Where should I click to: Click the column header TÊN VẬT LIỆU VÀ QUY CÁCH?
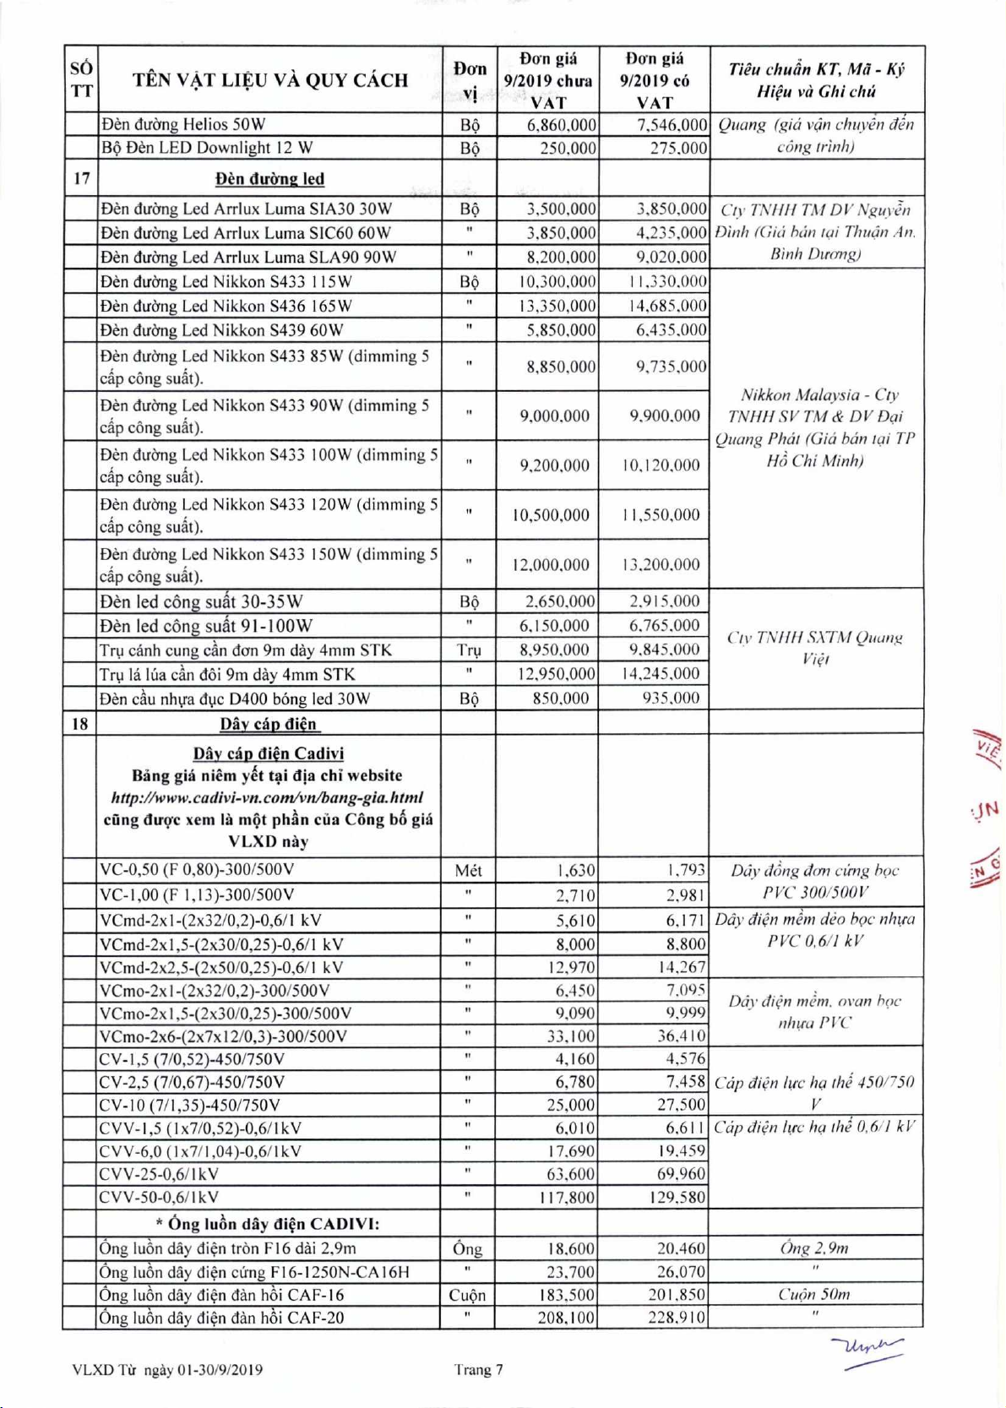coord(269,80)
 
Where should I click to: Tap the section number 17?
coord(81,178)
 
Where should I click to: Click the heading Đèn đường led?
coord(269,179)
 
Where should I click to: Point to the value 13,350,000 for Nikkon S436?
coord(557,306)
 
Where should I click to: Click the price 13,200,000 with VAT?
coord(661,564)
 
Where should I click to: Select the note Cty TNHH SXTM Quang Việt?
coord(815,648)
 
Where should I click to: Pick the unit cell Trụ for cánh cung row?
coord(469,650)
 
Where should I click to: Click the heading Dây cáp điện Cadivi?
coord(269,753)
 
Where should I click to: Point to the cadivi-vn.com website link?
coord(267,797)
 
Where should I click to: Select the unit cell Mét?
coord(468,871)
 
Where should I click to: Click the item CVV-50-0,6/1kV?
coord(159,1197)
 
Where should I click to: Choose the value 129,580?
coord(673,1197)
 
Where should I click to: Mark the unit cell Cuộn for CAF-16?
coord(467,1295)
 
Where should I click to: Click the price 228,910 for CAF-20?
coord(677,1318)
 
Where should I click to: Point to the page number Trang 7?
coord(478,1370)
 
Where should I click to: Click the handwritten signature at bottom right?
coord(867,1349)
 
